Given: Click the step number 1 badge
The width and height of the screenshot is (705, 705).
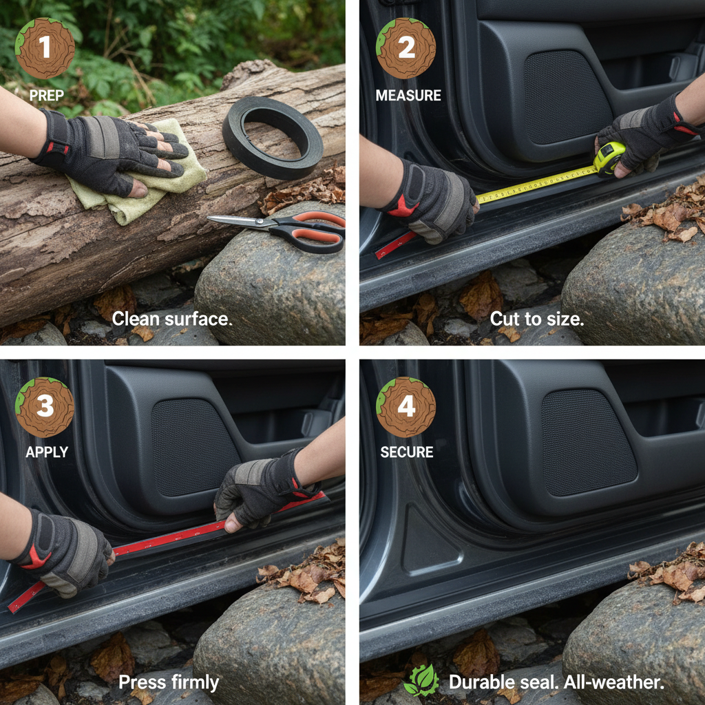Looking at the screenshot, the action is pos(45,48).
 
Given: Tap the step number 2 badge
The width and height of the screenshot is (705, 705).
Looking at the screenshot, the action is pos(406,48).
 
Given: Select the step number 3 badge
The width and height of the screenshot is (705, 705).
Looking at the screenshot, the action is pos(45,407).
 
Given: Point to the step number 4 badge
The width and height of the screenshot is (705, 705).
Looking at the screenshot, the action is pos(406,407).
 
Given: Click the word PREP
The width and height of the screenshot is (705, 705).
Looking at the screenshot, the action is pos(46,95).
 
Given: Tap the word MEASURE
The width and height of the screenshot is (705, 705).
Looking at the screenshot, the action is pos(408,95).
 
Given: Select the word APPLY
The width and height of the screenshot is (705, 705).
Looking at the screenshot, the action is pos(47,452).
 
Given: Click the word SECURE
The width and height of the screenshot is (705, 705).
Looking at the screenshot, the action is pos(407,452).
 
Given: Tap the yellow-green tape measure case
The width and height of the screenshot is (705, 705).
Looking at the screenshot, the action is pos(609,158).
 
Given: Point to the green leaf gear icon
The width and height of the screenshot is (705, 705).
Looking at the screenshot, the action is pos(422,680).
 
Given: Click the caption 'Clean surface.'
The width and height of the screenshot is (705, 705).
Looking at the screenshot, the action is pos(172,319).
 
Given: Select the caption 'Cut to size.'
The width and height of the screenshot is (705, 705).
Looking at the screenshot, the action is pos(537,319).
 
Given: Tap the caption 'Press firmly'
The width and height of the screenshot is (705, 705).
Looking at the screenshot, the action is pos(169,682).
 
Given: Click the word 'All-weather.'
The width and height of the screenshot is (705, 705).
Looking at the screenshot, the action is pos(613,682).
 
